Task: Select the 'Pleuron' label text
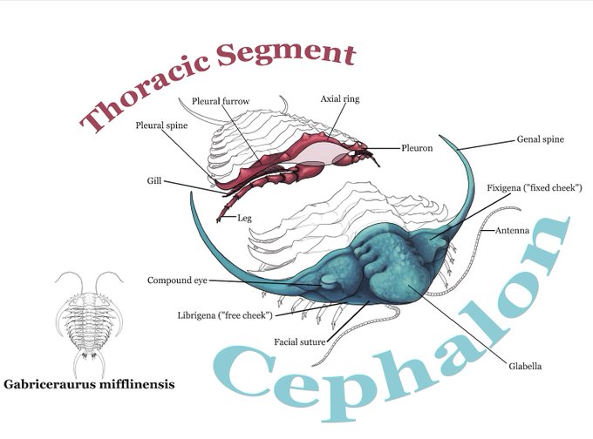click(x=417, y=149)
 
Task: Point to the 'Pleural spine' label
click(x=162, y=125)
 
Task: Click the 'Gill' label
click(x=153, y=181)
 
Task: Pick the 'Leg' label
click(x=244, y=218)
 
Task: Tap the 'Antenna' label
click(x=513, y=231)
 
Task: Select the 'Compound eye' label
click(x=177, y=280)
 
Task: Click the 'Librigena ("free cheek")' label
click(x=225, y=314)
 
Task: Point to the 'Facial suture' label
click(x=300, y=341)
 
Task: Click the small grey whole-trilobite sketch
click(x=89, y=317)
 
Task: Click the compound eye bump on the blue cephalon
click(x=326, y=280)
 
